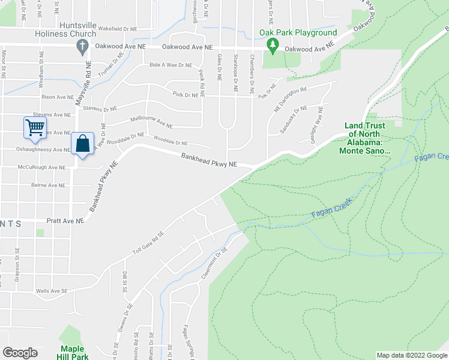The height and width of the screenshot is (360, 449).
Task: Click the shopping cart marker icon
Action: click(x=35, y=127)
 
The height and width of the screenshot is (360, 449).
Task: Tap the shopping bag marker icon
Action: click(x=82, y=144)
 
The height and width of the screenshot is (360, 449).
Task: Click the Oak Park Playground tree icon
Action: click(x=273, y=44)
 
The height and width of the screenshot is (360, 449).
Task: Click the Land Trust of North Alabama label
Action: click(x=367, y=139)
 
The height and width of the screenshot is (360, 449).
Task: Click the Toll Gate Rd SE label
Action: click(x=148, y=247)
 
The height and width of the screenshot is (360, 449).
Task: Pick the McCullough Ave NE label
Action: click(x=41, y=167)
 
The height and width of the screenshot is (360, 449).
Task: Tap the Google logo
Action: click(x=20, y=353)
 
